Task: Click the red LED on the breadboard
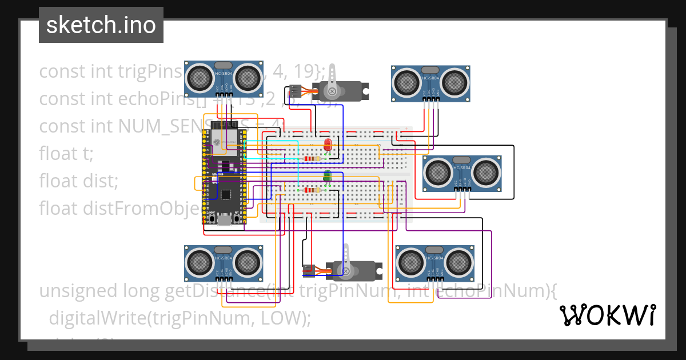click(328, 144)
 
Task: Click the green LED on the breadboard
click(328, 177)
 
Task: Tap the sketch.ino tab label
click(101, 25)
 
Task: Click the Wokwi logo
click(607, 315)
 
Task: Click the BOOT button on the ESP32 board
click(212, 219)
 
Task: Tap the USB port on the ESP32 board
click(224, 221)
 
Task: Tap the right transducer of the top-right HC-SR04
click(456, 81)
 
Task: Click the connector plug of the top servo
click(295, 90)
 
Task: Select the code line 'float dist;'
click(78, 181)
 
